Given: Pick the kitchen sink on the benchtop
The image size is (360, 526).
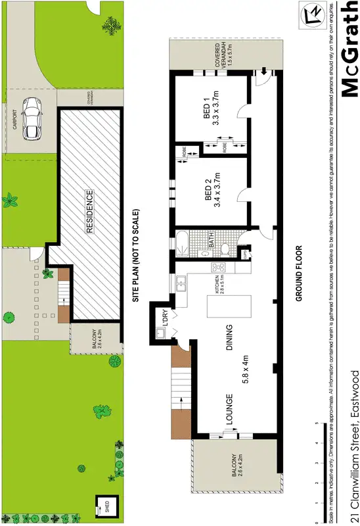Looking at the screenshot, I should pos(181,284).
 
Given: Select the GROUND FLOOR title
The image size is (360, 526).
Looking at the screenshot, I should pos(298,272).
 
